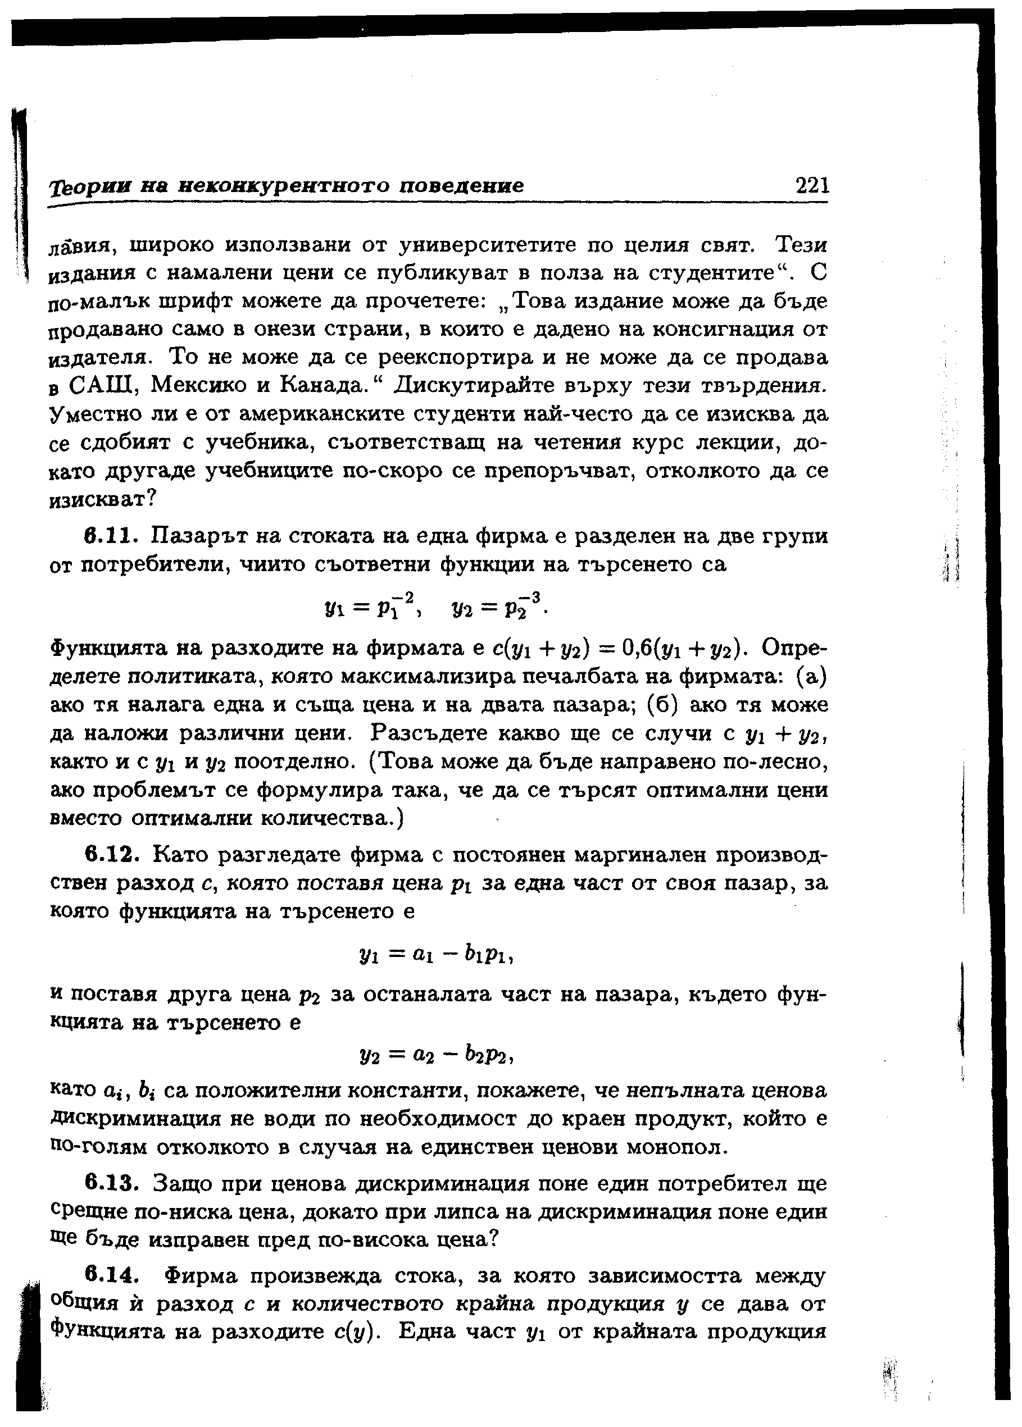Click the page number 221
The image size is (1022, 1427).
tap(812, 185)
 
